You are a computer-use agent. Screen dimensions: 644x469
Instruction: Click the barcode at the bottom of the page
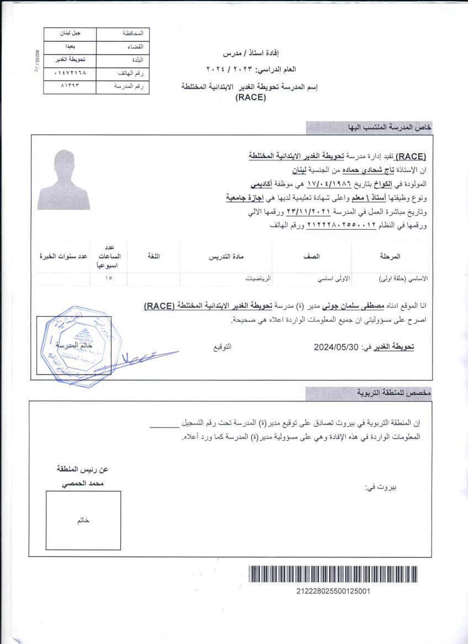click(x=333, y=575)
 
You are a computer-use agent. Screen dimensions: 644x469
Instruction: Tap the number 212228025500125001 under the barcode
click(x=333, y=591)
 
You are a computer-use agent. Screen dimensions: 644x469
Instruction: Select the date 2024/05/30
click(x=336, y=347)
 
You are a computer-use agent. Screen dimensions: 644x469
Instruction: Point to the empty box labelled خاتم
click(x=83, y=521)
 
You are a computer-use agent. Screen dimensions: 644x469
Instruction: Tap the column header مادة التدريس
click(x=226, y=256)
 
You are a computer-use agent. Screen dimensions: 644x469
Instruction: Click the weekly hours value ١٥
click(x=108, y=279)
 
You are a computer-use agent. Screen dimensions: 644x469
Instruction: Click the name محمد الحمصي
click(x=83, y=483)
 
